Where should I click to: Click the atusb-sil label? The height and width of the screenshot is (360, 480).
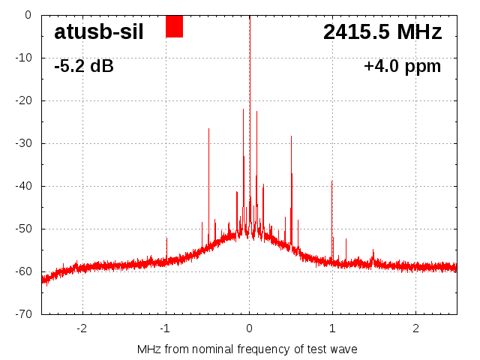pyautogui.click(x=98, y=32)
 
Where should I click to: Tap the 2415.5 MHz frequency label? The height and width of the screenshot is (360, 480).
pyautogui.click(x=382, y=32)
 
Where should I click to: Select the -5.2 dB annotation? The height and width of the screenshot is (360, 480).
pyautogui.click(x=84, y=67)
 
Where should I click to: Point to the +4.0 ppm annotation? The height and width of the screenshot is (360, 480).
pyautogui.click(x=402, y=67)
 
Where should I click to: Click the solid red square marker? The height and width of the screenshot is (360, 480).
pyautogui.click(x=174, y=26)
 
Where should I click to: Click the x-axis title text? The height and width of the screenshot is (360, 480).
pyautogui.click(x=247, y=349)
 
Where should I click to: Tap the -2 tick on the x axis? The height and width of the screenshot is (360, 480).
pyautogui.click(x=82, y=328)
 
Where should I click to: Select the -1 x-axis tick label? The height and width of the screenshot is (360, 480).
pyautogui.click(x=165, y=328)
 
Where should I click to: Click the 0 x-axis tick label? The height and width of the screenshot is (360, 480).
pyautogui.click(x=249, y=328)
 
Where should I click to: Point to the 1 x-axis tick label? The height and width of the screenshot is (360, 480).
pyautogui.click(x=332, y=328)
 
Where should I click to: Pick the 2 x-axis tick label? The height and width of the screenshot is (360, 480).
pyautogui.click(x=415, y=328)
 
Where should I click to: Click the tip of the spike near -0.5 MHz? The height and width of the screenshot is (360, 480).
pyautogui.click(x=208, y=129)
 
